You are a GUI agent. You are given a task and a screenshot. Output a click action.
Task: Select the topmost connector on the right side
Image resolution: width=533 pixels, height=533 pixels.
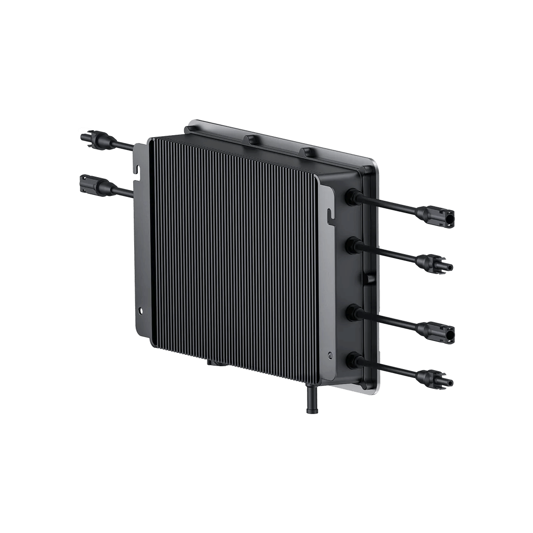coord(437,215)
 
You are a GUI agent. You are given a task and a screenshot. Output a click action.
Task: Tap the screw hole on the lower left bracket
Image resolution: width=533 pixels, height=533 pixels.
coord(142,311)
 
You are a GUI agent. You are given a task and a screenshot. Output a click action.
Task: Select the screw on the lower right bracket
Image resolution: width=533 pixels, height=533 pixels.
coord(331,354)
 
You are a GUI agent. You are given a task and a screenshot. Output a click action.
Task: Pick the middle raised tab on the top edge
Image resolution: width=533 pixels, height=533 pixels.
coord(254,140)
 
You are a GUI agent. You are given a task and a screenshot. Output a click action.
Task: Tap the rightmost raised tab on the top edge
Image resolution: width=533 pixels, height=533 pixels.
coord(310,152)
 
